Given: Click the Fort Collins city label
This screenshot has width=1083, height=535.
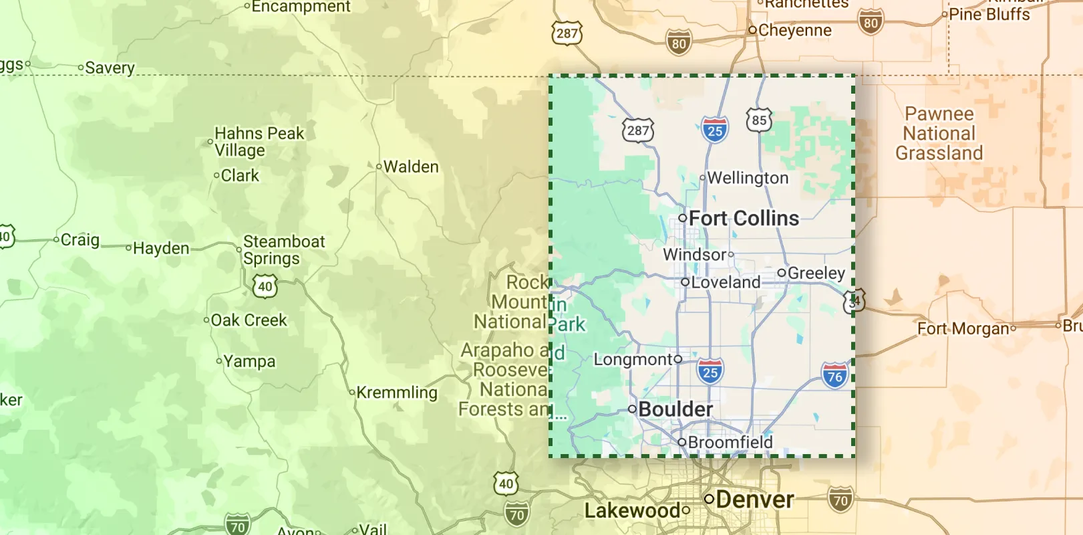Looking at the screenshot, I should point(743,218).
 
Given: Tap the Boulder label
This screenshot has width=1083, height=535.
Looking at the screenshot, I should point(675,409).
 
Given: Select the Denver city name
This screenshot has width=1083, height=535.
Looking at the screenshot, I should point(754,500).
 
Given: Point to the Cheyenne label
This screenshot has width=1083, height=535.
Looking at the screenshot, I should point(794,30).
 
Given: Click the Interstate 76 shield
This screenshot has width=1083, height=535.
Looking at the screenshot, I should point(834,376).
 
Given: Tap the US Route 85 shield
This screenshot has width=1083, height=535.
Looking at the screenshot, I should point(759,120).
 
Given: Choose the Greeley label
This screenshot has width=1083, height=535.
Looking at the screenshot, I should point(816,273).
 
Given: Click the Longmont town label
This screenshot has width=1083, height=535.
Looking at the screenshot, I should point(633,360).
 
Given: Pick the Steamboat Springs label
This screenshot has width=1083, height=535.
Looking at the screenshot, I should point(283,249).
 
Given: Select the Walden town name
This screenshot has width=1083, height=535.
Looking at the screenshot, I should point(410,167).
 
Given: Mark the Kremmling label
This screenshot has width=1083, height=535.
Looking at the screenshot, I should point(396,393).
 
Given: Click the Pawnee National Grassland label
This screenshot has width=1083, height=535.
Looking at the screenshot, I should point(939,134).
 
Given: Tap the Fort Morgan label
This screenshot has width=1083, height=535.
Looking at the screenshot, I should point(963,328).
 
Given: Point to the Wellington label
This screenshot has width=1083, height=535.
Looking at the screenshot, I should point(747,178).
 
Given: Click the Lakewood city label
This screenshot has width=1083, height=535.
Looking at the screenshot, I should point(633,511).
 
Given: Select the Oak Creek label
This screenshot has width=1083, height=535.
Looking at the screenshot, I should point(249,320).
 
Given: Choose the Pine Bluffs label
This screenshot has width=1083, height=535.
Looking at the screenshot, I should point(989,14).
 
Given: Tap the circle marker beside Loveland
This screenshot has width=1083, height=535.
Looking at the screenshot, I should point(685,282).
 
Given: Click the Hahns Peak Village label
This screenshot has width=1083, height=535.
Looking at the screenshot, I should point(259,142).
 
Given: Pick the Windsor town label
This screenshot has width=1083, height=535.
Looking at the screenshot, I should point(694,255).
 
